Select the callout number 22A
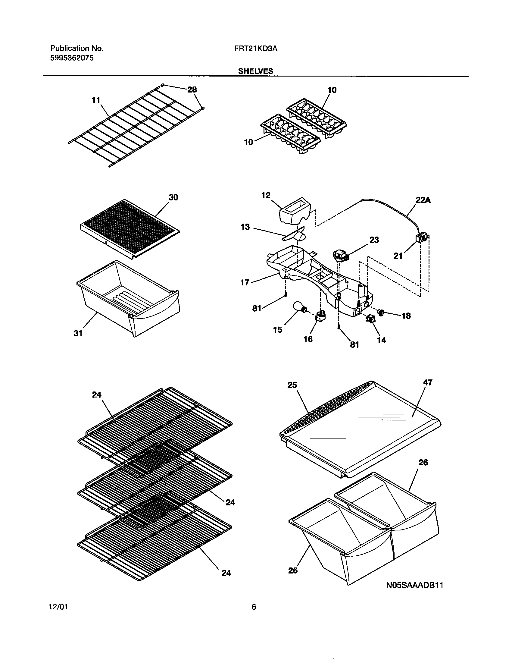click(423, 200)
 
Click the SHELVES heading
click(256, 71)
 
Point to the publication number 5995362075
click(72, 58)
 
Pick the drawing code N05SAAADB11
click(414, 586)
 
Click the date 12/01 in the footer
click(58, 616)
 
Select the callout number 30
click(173, 198)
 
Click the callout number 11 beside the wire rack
click(96, 100)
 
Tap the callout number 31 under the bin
click(78, 333)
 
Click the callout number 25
click(292, 385)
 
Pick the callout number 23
click(374, 240)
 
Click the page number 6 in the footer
click(254, 616)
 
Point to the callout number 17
click(245, 283)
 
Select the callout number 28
click(192, 90)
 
